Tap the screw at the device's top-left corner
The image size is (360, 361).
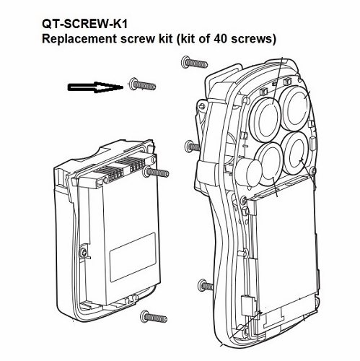pos(190,65)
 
